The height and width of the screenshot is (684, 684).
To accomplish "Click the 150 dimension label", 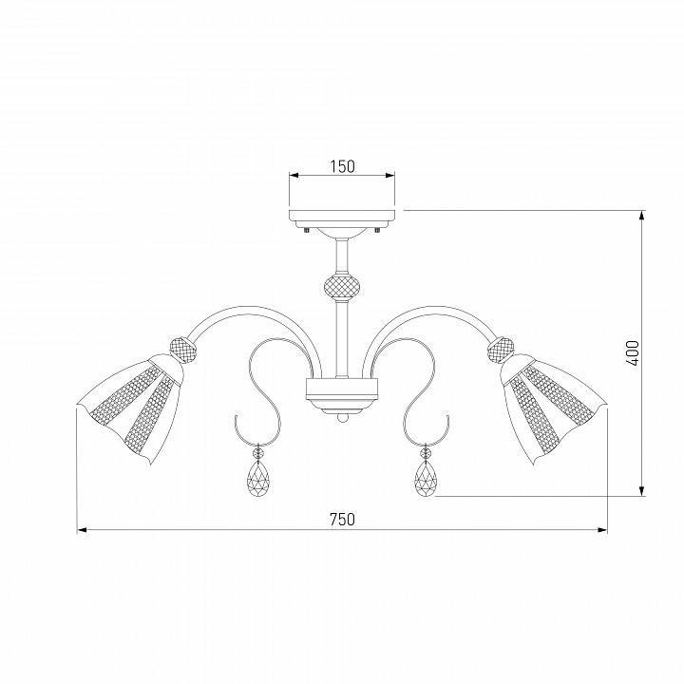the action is pyautogui.click(x=342, y=166).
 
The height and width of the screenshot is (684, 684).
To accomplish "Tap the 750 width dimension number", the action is pyautogui.click(x=342, y=519).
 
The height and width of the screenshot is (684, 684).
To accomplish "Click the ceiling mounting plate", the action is pyautogui.click(x=342, y=217).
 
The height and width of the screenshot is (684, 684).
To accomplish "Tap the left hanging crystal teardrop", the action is pyautogui.click(x=258, y=479).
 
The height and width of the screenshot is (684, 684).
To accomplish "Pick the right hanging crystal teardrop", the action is pyautogui.click(x=426, y=479).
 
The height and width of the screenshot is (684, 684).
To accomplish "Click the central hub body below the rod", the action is pyautogui.click(x=342, y=388).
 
